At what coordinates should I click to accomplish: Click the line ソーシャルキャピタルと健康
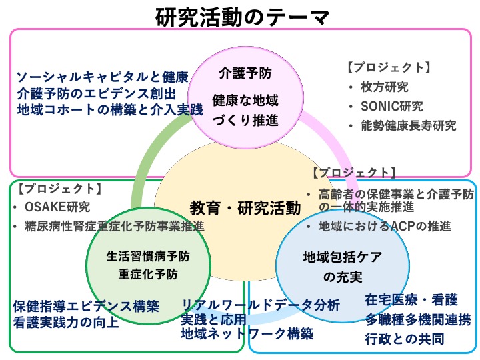point(102,76)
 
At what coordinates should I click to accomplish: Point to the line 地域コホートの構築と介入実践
point(109,108)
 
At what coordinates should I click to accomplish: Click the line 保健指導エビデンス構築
point(86,307)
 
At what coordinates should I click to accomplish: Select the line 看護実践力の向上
point(66,323)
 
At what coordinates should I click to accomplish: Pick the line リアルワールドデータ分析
point(261,305)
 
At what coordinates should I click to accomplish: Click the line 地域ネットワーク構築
point(247,333)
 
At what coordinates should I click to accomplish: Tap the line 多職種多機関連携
point(418,319)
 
